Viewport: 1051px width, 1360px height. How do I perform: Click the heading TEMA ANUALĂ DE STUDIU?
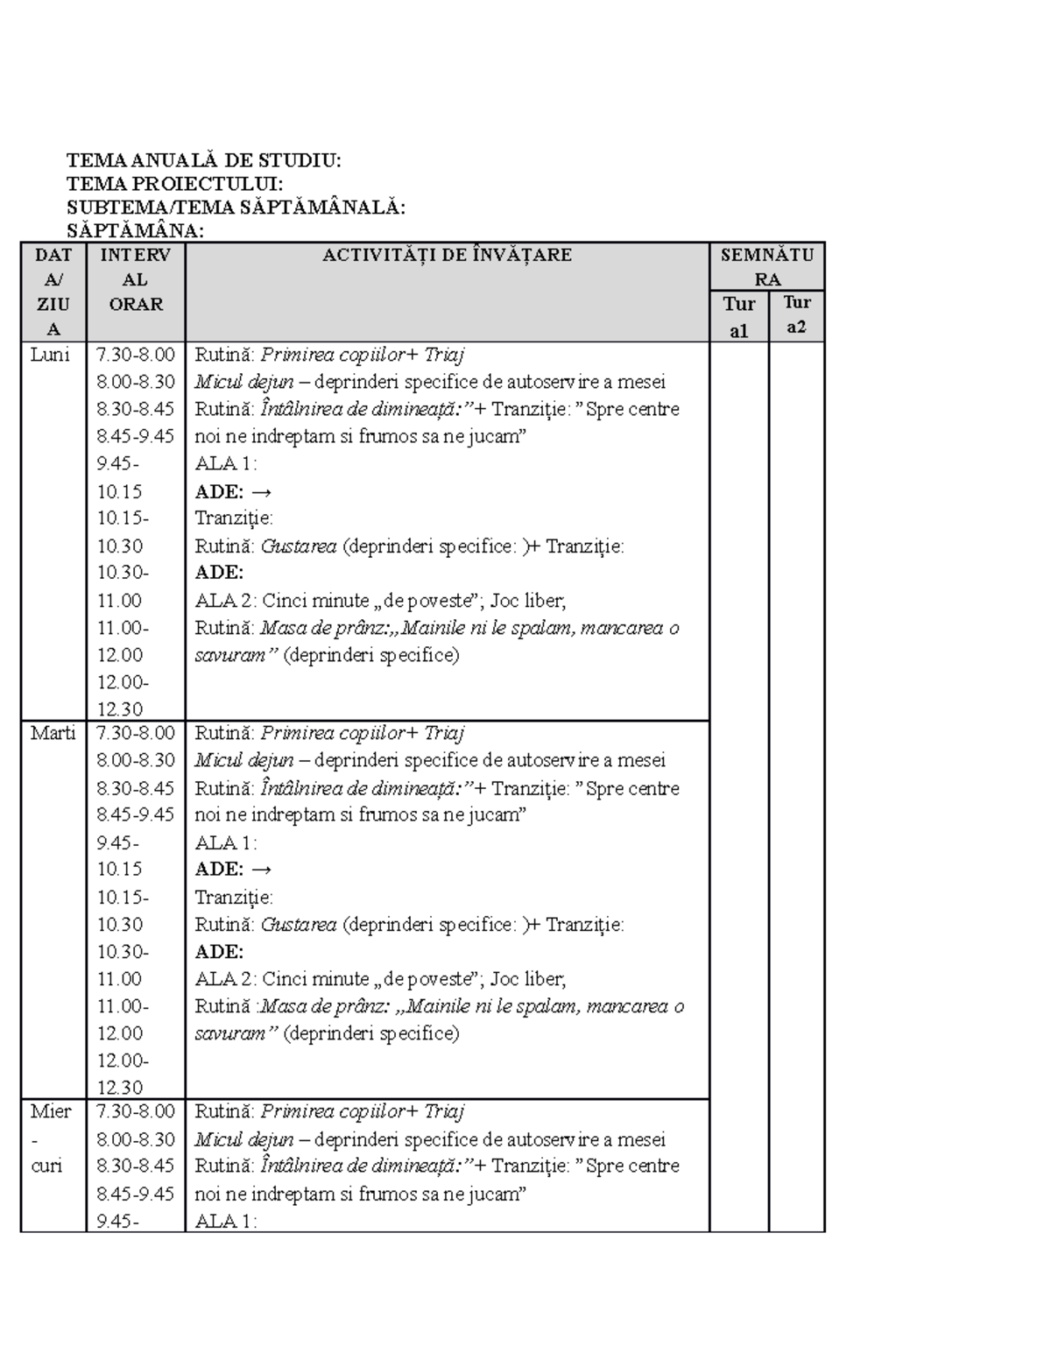click(204, 160)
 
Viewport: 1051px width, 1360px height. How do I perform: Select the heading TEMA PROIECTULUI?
click(174, 184)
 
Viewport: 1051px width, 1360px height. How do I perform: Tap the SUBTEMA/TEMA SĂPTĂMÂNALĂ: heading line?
click(236, 208)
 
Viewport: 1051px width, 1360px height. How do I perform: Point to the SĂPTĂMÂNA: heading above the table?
click(136, 231)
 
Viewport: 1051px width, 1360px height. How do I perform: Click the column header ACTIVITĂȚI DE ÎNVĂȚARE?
click(447, 256)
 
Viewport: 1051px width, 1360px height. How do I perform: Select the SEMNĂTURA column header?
click(767, 267)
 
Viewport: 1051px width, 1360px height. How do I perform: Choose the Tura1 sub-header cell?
click(739, 317)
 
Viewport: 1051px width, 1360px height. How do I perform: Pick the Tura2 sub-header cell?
click(797, 315)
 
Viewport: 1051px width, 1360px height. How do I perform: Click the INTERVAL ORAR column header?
click(136, 280)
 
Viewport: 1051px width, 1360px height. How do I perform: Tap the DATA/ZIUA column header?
click(53, 292)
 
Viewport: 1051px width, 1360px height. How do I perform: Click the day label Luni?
click(50, 355)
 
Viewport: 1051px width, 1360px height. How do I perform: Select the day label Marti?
click(53, 733)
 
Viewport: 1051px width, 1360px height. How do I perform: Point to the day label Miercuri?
click(51, 1138)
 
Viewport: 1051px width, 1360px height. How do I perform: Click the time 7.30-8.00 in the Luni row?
click(136, 355)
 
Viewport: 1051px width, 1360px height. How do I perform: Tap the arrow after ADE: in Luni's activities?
click(261, 491)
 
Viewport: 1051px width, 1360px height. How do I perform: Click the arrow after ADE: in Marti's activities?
click(261, 870)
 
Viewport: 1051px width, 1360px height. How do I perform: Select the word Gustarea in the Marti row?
click(299, 925)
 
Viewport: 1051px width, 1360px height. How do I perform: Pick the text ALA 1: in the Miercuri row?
click(226, 1221)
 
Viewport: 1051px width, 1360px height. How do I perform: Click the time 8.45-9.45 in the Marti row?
click(136, 814)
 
